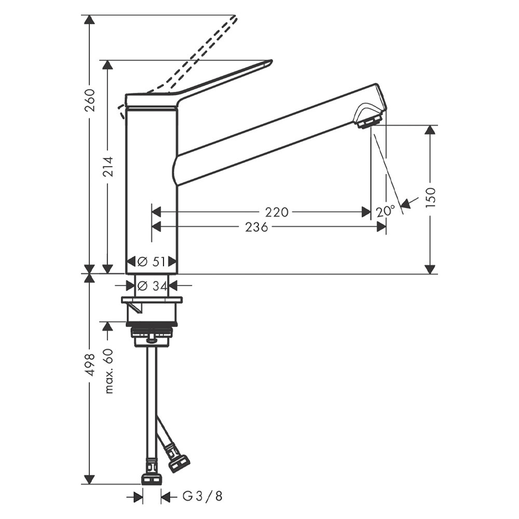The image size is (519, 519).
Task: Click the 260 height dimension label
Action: [89, 101]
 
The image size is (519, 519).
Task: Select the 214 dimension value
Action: [107, 166]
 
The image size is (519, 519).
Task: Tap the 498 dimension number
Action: [89, 364]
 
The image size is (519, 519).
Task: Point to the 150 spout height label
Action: [430, 198]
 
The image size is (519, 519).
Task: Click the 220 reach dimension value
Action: [277, 212]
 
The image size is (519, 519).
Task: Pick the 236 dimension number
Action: [256, 227]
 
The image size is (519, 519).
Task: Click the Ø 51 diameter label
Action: [152, 262]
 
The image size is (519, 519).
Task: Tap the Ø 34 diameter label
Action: [152, 285]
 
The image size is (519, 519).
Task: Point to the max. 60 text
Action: [108, 370]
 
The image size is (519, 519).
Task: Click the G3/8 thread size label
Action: [202, 497]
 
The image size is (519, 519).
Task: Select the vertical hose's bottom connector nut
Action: [152, 479]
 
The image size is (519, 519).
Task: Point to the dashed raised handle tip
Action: [235, 19]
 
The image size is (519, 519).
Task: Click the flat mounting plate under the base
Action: [152, 300]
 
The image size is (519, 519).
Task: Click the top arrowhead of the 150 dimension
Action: [430, 130]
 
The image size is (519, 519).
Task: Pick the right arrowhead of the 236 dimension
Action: [381, 227]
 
